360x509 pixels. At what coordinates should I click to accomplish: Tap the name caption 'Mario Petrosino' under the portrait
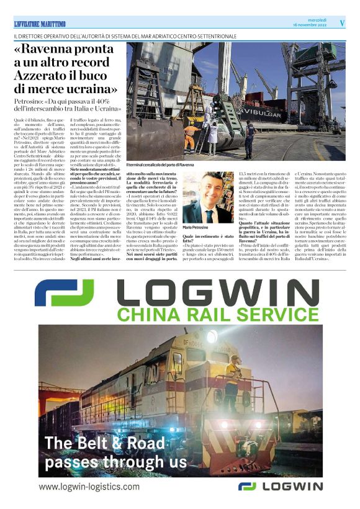coord(197,229)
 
